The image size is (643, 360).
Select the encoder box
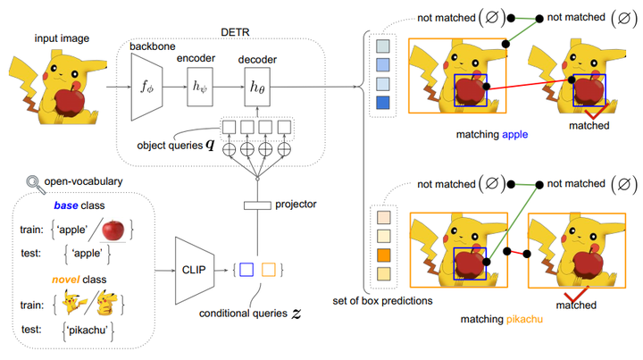(x=201, y=87)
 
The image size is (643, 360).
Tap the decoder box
(x=256, y=88)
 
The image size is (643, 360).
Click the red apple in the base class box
(x=112, y=230)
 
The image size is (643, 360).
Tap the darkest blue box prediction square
(x=383, y=105)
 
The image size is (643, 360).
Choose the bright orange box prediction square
(x=383, y=255)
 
